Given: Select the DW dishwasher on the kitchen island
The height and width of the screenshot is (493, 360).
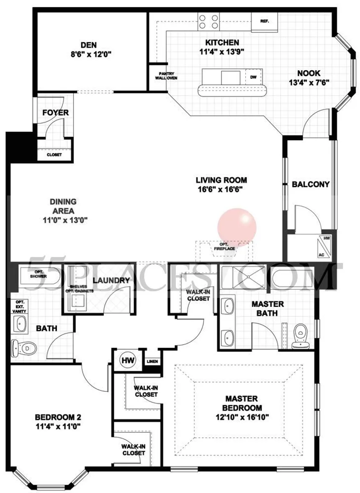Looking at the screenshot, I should pyautogui.click(x=253, y=77).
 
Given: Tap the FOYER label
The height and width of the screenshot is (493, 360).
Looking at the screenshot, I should pyautogui.click(x=56, y=113).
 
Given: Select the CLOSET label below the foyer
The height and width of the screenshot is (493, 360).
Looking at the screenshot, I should pyautogui.click(x=54, y=154).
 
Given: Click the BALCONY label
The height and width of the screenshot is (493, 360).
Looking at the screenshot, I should pyautogui.click(x=311, y=184).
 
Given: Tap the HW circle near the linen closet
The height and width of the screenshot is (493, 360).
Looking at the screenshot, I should pyautogui.click(x=126, y=359).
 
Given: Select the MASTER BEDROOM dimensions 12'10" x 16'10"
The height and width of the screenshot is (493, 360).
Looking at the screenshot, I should pyautogui.click(x=241, y=417).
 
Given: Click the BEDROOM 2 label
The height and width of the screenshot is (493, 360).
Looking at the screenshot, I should pyautogui.click(x=58, y=417).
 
